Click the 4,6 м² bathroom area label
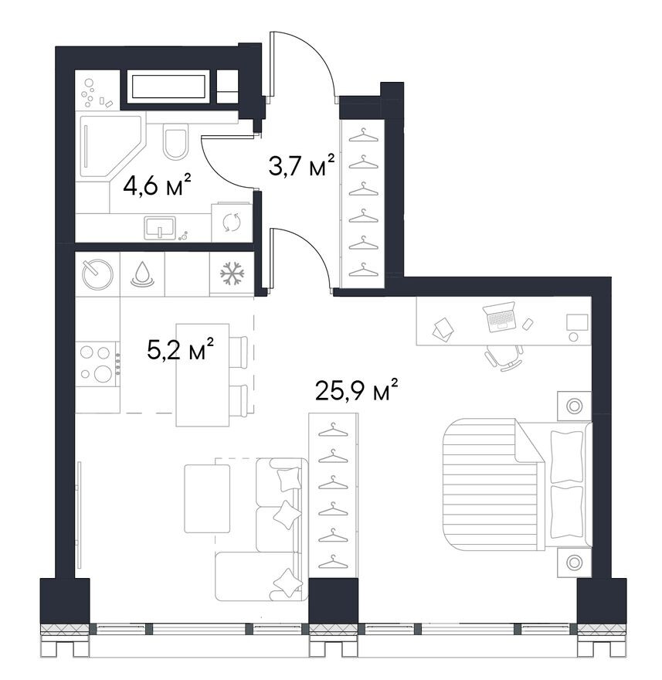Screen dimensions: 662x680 pos(158,185)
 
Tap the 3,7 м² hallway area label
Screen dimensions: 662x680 pos(302,165)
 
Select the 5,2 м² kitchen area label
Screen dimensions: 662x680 pos(180,349)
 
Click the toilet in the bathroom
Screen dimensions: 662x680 pos(175,141)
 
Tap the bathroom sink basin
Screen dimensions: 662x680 pos(160,227)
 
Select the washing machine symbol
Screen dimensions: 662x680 pos(232,223)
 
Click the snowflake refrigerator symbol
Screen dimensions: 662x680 pos(232,274)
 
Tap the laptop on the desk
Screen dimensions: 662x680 pos(500,318)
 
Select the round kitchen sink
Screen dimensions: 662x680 pos(97,274)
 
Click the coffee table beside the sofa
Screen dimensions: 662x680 pos(207,498)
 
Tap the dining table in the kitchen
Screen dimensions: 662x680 pos(202,375)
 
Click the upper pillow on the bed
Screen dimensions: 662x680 pos(567,457)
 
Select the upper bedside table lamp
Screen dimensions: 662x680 pos(575,406)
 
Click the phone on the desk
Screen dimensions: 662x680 pos(528,324)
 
